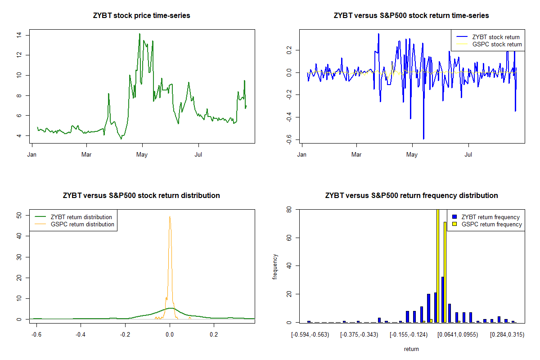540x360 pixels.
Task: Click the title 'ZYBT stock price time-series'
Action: (141, 16)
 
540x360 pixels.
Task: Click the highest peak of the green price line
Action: (139, 34)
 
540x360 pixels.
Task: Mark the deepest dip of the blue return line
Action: (423, 139)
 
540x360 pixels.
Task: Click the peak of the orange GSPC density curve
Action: (170, 217)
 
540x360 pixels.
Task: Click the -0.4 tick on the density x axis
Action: (81, 335)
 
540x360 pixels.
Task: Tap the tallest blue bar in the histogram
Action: (443, 299)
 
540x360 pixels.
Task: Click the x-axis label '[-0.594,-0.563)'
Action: (310, 335)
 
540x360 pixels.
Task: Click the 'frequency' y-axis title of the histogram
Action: (275, 267)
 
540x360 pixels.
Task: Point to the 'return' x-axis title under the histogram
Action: (411, 349)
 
